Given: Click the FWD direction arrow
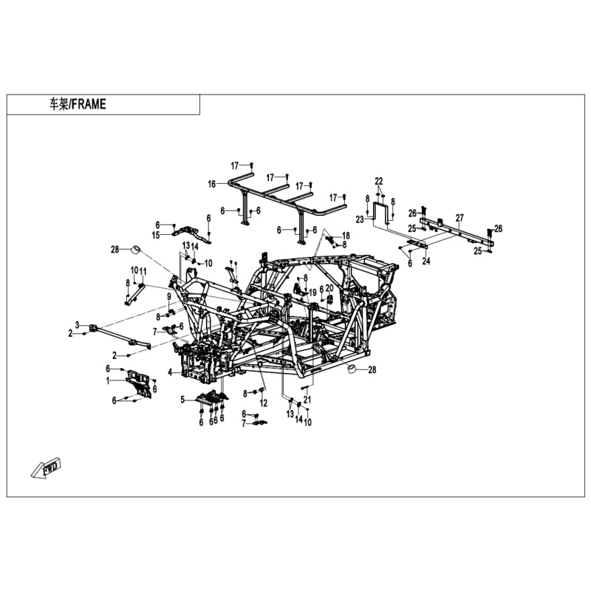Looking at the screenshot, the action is pyautogui.click(x=47, y=468).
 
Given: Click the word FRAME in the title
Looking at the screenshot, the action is pyautogui.click(x=89, y=104).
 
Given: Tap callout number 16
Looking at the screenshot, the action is pyautogui.click(x=212, y=184).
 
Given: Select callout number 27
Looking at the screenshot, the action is pyautogui.click(x=460, y=218).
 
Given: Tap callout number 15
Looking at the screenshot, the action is pyautogui.click(x=156, y=235).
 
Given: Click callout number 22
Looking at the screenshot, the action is pyautogui.click(x=379, y=181).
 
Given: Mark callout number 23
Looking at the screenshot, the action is pyautogui.click(x=360, y=219).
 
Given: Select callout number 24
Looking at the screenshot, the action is pyautogui.click(x=426, y=261).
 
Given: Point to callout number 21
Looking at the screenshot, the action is pyautogui.click(x=307, y=400).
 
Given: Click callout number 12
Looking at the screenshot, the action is pyautogui.click(x=264, y=403).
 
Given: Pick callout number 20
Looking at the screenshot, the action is pyautogui.click(x=329, y=288).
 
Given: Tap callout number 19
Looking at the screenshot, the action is pyautogui.click(x=312, y=292).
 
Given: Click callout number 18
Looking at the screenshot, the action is pyautogui.click(x=346, y=236).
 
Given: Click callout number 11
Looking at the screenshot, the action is pyautogui.click(x=143, y=271).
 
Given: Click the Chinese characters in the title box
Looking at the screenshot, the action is pyautogui.click(x=58, y=104).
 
